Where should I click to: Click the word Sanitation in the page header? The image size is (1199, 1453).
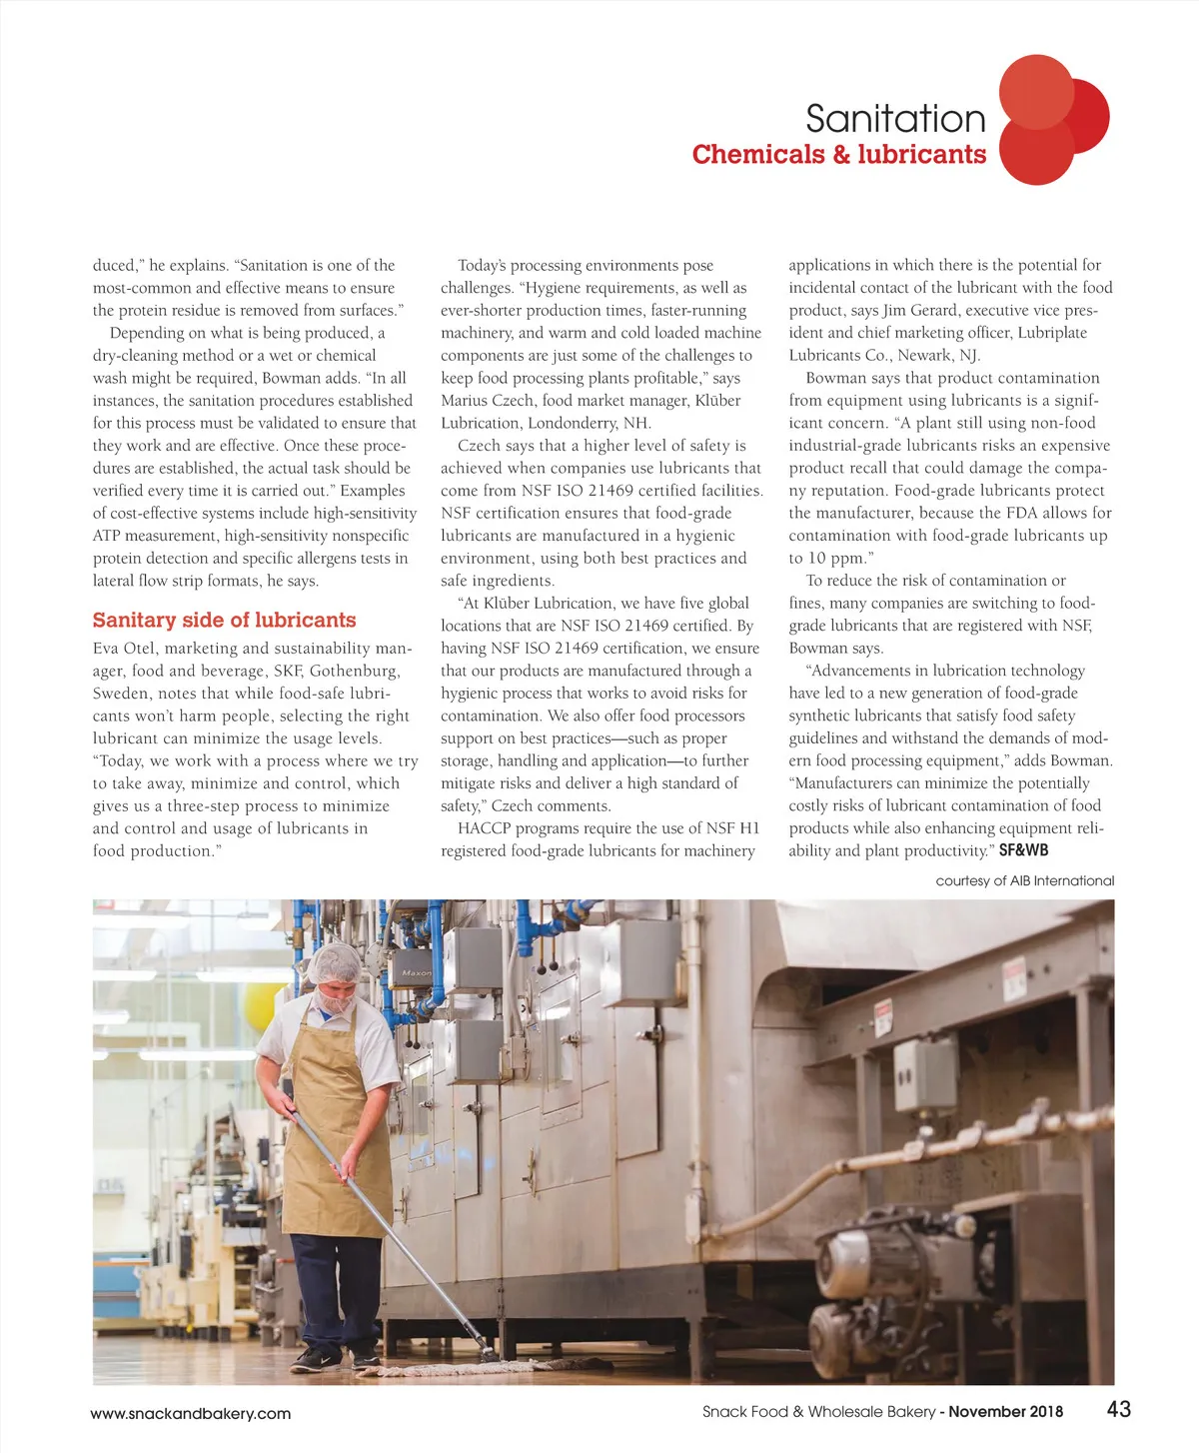click(x=895, y=119)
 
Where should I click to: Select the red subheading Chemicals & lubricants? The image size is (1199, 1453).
click(x=838, y=155)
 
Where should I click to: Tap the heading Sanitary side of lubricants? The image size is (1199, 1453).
click(x=224, y=621)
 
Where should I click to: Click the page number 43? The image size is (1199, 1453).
click(x=1119, y=1409)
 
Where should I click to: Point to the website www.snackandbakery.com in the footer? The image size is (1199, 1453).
click(x=191, y=1414)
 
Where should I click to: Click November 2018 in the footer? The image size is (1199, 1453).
click(x=1005, y=1412)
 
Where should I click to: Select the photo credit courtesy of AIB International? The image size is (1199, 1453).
click(x=1024, y=881)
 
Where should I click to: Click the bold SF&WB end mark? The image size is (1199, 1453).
click(x=1024, y=850)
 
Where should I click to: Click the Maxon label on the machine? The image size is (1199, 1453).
click(x=417, y=972)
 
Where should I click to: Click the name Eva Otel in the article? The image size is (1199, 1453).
click(x=124, y=649)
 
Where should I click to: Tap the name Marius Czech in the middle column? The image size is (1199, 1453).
click(x=487, y=401)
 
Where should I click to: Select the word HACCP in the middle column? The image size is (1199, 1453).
click(x=483, y=828)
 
